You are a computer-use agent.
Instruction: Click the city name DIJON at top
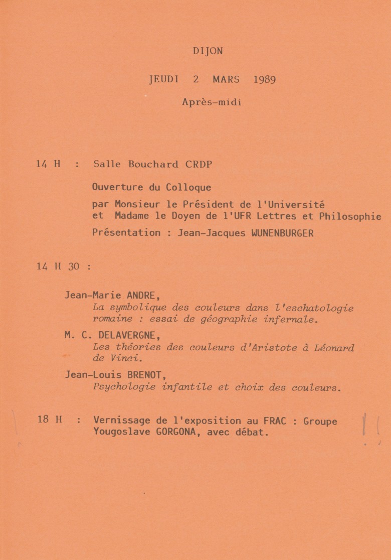pyautogui.click(x=208, y=51)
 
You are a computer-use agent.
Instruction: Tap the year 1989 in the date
pyautogui.click(x=264, y=79)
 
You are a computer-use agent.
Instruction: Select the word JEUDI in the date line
pyautogui.click(x=164, y=79)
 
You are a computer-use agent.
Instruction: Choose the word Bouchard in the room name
pyautogui.click(x=146, y=164)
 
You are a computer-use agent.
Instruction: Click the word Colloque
pyautogui.click(x=188, y=188)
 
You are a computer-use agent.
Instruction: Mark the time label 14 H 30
pyautogui.click(x=58, y=267)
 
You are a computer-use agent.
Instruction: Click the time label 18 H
pyautogui.click(x=49, y=419)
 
